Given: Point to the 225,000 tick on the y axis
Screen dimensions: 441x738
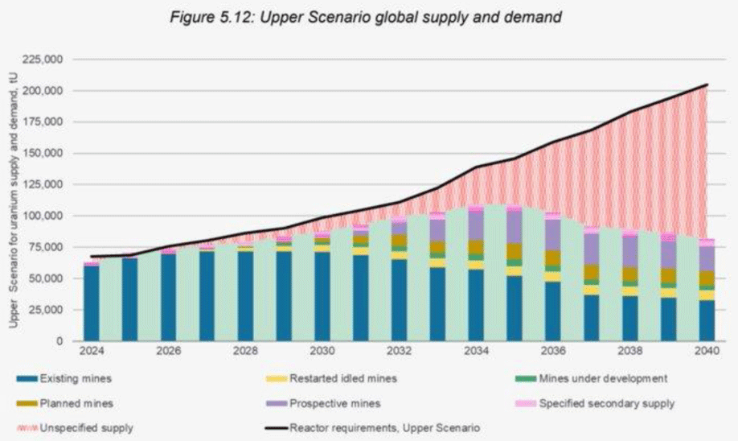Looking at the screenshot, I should (x=48, y=60).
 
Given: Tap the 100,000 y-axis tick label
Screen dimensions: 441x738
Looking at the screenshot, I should (x=48, y=216).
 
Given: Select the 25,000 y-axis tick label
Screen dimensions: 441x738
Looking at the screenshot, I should (x=51, y=310).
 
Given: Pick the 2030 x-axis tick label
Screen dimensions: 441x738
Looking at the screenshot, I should (x=322, y=352).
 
